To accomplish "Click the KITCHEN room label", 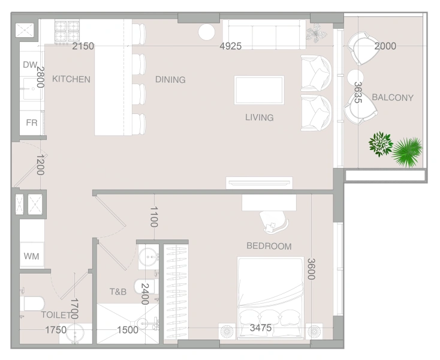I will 71,79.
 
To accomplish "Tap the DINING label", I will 170,80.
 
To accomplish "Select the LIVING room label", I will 259,118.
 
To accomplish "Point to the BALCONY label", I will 393,97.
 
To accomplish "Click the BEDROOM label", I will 269,246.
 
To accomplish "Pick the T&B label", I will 117,292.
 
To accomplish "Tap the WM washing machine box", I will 31,257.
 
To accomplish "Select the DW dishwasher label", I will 30,65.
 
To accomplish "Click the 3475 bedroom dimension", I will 261,328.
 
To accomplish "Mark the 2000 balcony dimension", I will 385,46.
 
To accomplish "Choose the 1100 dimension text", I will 153,217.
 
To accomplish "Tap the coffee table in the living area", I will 259,90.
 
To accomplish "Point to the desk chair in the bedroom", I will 276,222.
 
